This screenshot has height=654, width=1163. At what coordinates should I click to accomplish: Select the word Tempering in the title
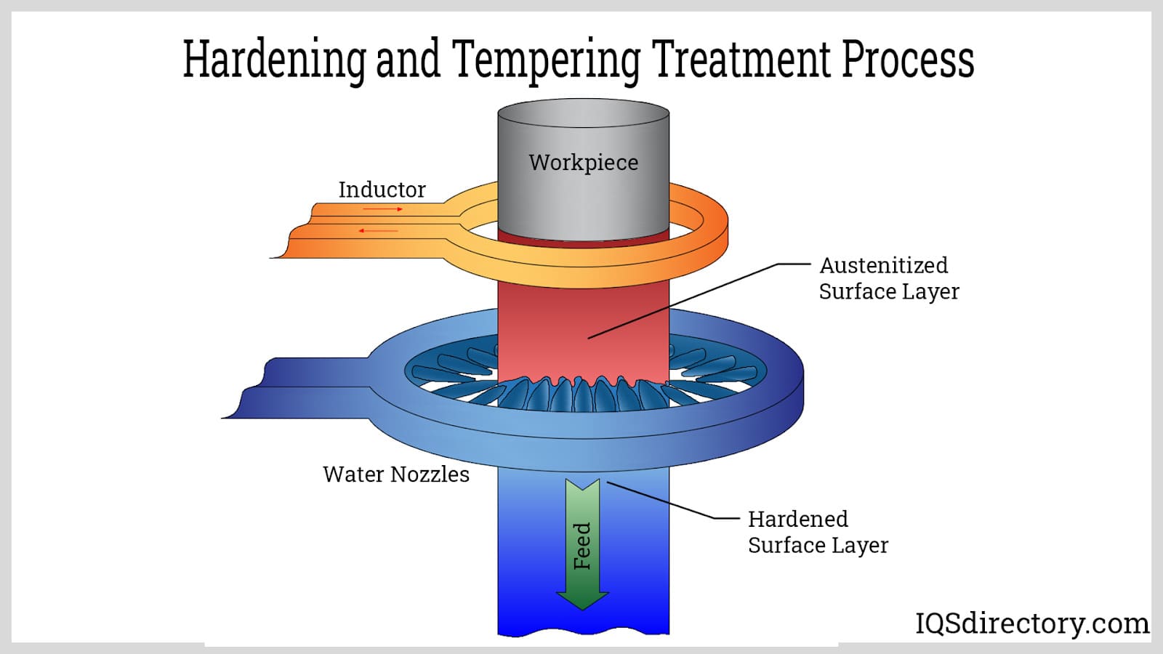[546, 60]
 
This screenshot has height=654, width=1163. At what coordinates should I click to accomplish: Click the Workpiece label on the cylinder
[583, 162]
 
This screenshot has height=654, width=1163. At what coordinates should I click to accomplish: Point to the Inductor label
[382, 190]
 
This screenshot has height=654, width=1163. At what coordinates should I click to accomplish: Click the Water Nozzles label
[395, 475]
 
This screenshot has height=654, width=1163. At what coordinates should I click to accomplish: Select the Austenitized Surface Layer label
[888, 278]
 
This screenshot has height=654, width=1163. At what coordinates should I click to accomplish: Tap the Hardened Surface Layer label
[818, 532]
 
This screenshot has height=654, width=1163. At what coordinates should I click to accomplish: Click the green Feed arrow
[582, 545]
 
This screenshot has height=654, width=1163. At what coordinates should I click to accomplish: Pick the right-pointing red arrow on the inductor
[383, 209]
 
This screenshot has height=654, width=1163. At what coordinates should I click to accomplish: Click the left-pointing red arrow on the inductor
[378, 231]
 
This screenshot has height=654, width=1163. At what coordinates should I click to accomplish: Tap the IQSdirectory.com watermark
[1031, 623]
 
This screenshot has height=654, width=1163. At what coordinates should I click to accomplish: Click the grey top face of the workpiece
[583, 113]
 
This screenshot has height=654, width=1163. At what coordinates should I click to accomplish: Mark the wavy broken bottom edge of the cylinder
[583, 634]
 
